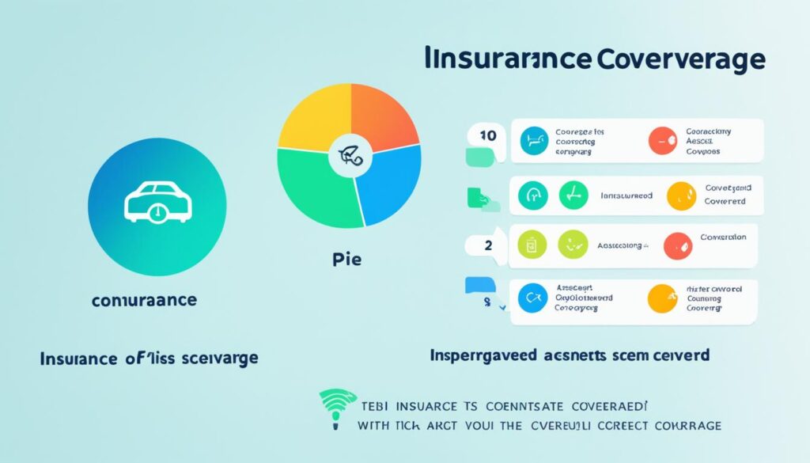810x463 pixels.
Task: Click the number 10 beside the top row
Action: point(488,135)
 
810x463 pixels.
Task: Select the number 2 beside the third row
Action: point(488,245)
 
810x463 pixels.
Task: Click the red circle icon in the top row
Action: point(661,142)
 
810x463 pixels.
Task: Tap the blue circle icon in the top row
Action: point(533,142)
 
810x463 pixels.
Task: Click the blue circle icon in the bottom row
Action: point(532,298)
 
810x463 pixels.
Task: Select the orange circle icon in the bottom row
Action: point(661,298)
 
